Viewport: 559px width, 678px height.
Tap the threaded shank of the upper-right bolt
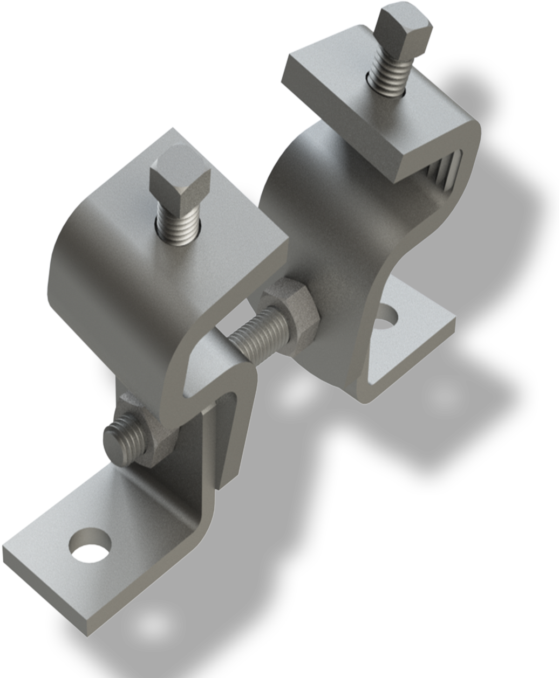point(387,75)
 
